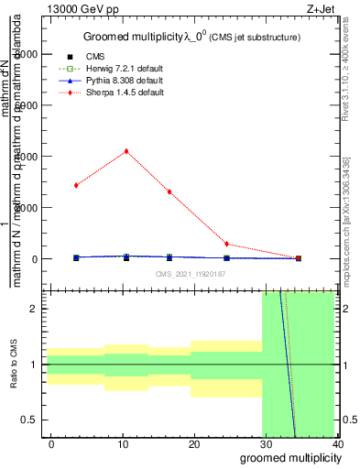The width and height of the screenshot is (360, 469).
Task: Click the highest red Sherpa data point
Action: click(126, 151)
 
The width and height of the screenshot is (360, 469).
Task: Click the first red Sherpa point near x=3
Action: click(76, 185)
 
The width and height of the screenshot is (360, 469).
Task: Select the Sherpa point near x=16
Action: click(169, 191)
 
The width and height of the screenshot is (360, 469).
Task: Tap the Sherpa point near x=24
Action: click(226, 245)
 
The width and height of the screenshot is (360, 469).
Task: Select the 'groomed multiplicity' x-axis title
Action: click(288, 458)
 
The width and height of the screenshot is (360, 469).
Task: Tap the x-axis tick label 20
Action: click(194, 444)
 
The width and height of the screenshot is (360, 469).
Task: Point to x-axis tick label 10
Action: click(123, 444)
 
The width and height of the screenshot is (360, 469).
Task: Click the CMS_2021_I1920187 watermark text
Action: click(189, 274)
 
